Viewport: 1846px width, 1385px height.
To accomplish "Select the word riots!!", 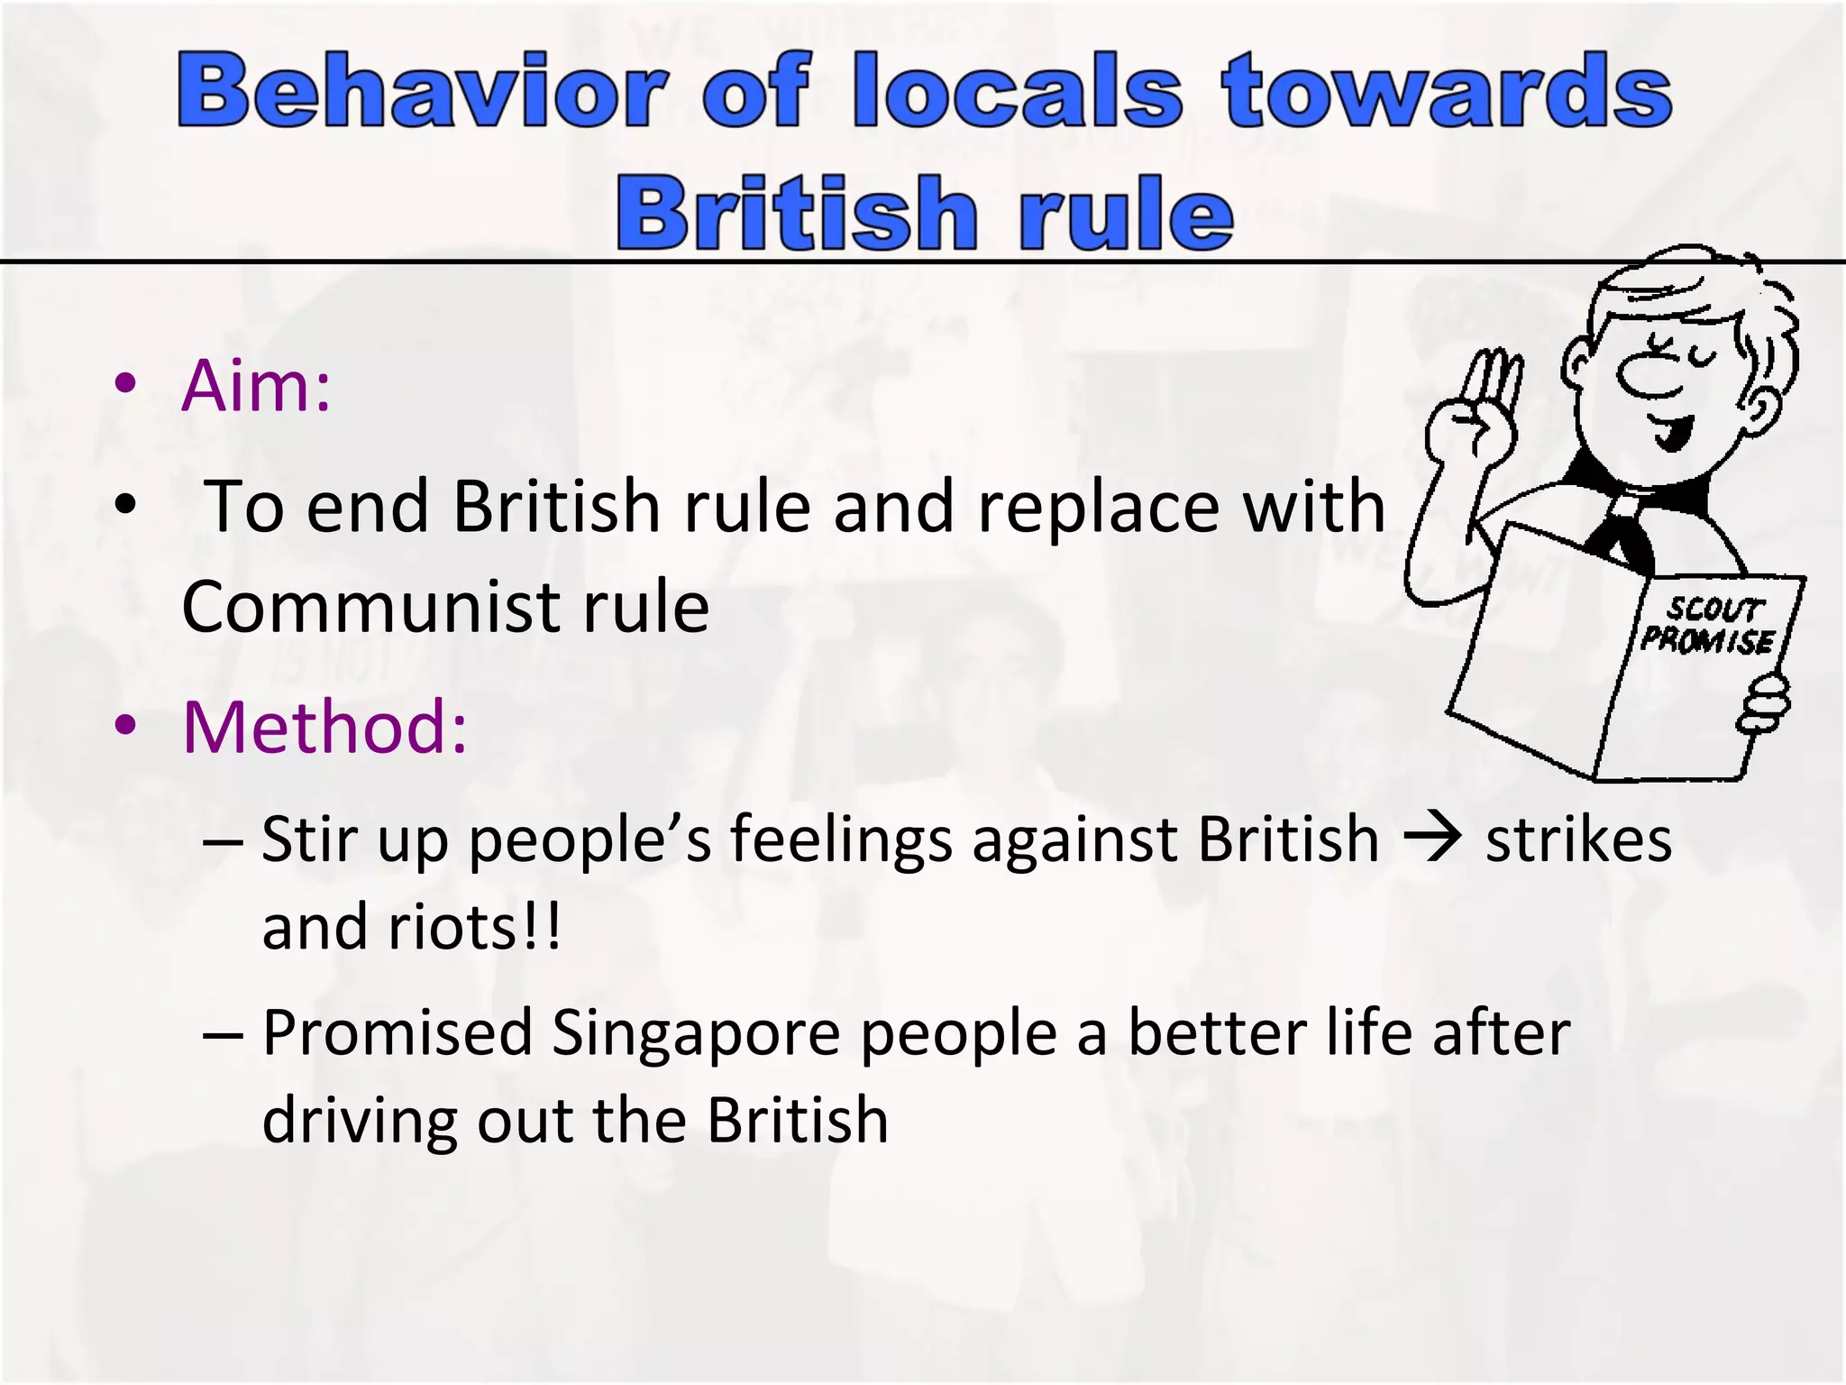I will (474, 927).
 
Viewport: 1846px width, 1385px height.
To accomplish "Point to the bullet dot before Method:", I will (125, 724).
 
